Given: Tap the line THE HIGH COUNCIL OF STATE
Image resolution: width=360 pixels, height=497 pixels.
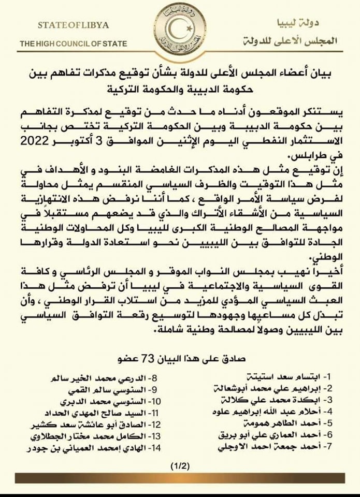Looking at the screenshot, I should pos(73,44).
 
